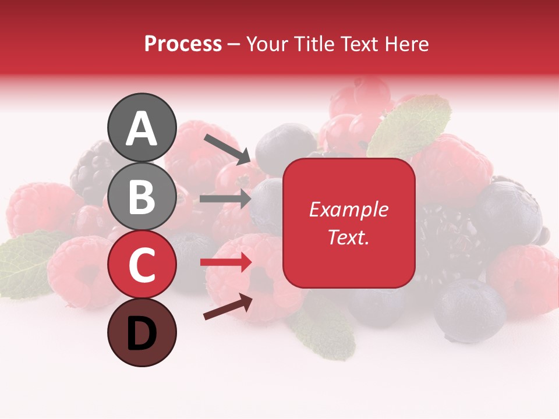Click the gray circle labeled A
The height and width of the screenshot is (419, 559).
pyautogui.click(x=141, y=128)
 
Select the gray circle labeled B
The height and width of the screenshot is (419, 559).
pyautogui.click(x=141, y=196)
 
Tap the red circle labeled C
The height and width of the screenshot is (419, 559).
pyautogui.click(x=141, y=265)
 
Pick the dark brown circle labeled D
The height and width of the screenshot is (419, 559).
pyautogui.click(x=141, y=333)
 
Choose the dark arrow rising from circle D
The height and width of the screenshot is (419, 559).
pyautogui.click(x=228, y=307)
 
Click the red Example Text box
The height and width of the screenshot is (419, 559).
pyautogui.click(x=349, y=223)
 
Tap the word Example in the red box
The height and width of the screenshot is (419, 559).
pyautogui.click(x=349, y=210)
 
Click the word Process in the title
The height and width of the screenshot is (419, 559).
pyautogui.click(x=183, y=44)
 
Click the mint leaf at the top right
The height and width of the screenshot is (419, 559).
pyautogui.click(x=411, y=125)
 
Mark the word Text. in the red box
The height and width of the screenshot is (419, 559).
pyautogui.click(x=349, y=237)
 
